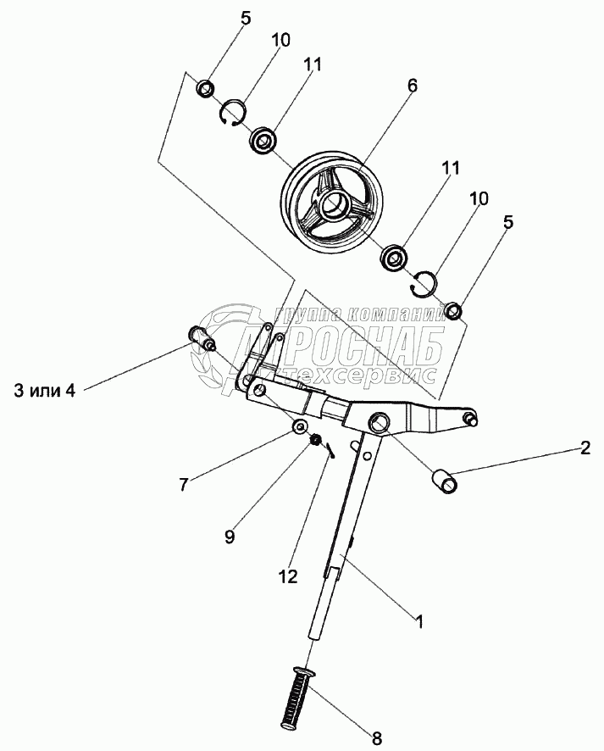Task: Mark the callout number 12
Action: point(288,577)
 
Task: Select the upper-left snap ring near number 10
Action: point(233,113)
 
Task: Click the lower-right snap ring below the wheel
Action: point(423,284)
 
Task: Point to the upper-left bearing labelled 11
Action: point(265,139)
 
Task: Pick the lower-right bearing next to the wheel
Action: point(395,257)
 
